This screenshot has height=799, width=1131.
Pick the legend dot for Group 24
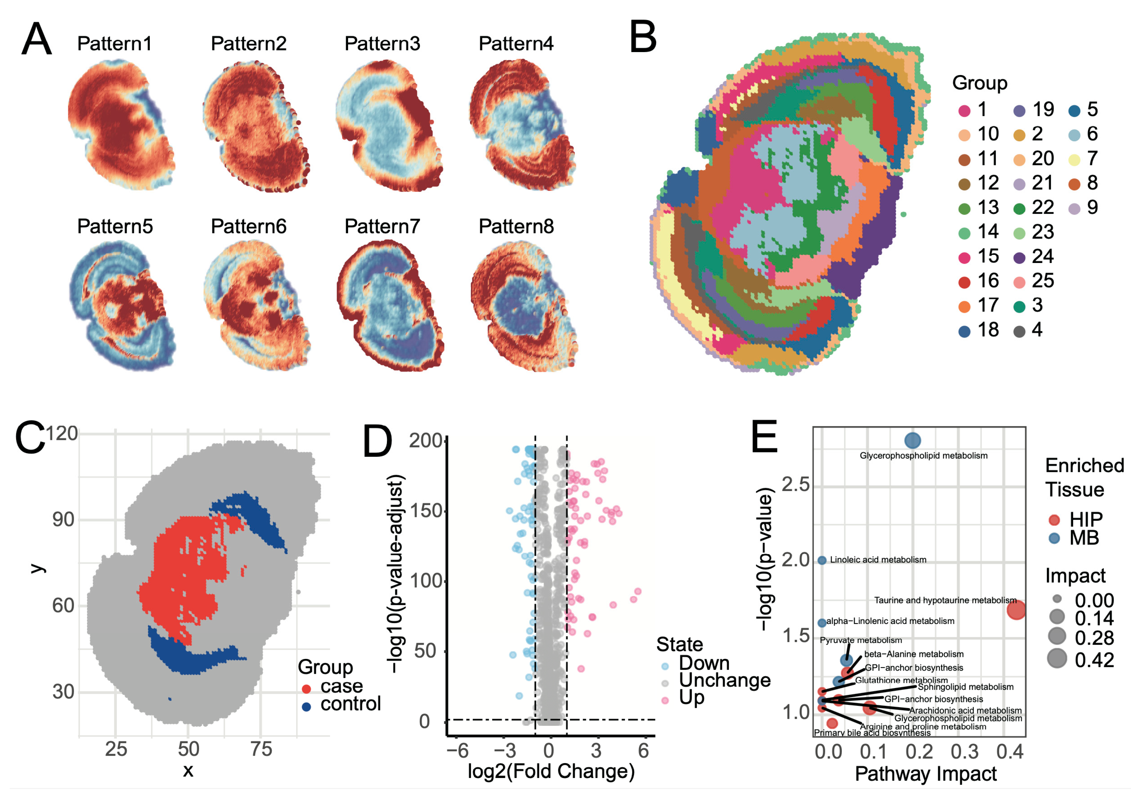1019,257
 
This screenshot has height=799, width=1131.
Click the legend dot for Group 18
964,331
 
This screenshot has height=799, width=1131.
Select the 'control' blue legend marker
306,706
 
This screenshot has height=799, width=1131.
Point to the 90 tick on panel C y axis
63,520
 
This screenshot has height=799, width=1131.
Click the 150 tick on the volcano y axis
426,511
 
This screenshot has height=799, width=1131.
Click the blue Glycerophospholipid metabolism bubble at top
912,440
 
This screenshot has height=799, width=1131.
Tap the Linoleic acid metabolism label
878,560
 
